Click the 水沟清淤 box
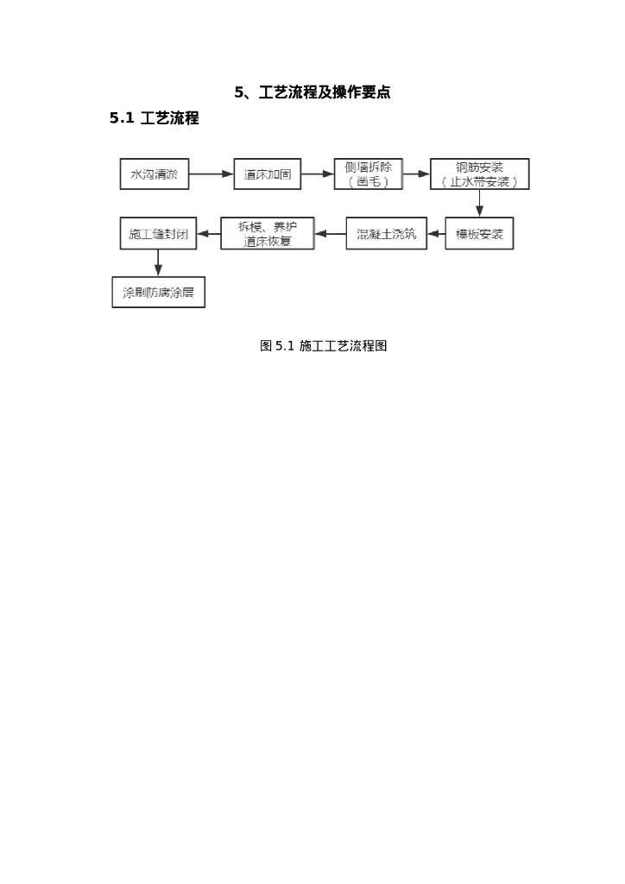154,174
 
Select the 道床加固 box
267,174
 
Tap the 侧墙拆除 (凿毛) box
369,174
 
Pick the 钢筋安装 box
479,174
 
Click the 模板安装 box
479,234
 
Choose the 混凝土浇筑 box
386,234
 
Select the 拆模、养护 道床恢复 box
268,234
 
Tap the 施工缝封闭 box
158,234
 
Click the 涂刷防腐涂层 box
158,292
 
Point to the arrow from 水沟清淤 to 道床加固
211,174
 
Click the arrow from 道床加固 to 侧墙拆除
317,174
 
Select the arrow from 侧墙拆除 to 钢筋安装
416,174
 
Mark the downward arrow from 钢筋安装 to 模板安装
479,203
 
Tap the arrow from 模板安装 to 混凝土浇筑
436,234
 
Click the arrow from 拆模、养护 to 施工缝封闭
208,234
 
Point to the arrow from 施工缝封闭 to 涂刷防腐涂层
158,262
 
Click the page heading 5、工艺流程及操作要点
312,92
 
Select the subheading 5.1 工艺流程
155,118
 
